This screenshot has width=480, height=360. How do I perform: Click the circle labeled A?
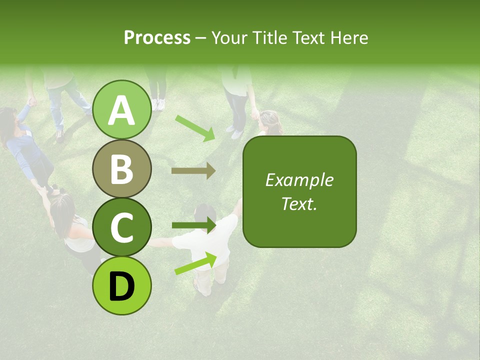(x=122, y=109)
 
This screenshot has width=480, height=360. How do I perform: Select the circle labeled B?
(x=122, y=168)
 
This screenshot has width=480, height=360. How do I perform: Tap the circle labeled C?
(x=122, y=227)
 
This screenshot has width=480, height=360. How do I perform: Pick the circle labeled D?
(x=122, y=285)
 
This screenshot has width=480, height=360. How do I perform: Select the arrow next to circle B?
(x=193, y=171)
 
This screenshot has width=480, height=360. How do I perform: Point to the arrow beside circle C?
(x=193, y=225)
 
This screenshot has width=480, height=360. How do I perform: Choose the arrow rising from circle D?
(x=195, y=263)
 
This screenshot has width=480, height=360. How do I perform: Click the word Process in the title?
(x=157, y=37)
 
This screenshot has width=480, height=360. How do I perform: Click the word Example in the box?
(x=299, y=180)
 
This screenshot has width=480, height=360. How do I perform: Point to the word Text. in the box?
(x=299, y=203)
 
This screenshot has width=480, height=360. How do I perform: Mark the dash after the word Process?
(x=200, y=38)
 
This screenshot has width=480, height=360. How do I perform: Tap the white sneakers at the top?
(x=158, y=104)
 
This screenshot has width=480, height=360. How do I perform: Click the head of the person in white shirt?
(x=205, y=214)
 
